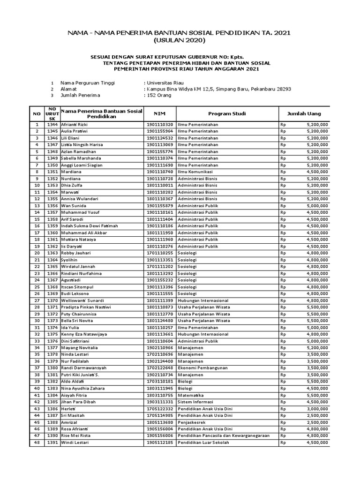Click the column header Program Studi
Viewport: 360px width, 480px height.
click(x=227, y=113)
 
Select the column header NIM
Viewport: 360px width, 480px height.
click(x=159, y=113)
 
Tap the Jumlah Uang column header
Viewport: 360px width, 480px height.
click(x=304, y=113)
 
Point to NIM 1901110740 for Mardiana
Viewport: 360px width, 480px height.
click(x=159, y=172)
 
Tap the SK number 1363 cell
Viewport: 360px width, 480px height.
click(x=52, y=253)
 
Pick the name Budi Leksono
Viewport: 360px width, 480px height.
click(x=75, y=293)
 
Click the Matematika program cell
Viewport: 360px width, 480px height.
click(x=190, y=395)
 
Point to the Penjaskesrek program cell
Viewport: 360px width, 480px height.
click(x=191, y=422)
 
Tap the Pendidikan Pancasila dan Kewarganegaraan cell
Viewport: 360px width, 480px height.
click(x=223, y=435)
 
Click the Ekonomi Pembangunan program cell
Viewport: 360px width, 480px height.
click(x=199, y=368)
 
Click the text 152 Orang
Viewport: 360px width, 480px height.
click(x=159, y=95)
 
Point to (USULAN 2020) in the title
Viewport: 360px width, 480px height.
click(x=180, y=40)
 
